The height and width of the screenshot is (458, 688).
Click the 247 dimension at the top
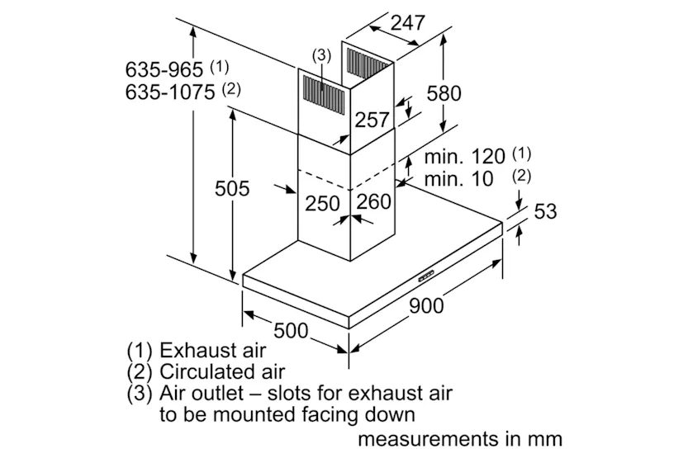coord(408,22)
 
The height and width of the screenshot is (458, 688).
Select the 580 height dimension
coord(444,93)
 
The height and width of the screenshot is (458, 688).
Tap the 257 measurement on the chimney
coord(372,120)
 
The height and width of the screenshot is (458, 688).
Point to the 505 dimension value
coord(232,188)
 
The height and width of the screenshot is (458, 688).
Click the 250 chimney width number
coord(322,203)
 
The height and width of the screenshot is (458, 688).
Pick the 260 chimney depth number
coord(374,201)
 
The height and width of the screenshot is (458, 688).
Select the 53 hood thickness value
coord(545,211)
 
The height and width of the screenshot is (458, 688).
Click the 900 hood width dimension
coord(426,305)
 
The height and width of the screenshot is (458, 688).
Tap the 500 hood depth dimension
coord(291,330)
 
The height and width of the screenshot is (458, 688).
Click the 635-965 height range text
coord(164,69)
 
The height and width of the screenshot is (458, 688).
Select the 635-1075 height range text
coord(170,92)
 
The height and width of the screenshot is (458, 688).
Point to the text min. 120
coord(465,157)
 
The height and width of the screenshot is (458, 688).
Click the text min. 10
coord(459,179)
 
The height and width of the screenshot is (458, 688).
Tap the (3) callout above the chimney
coord(321,55)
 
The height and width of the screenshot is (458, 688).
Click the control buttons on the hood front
coord(425,276)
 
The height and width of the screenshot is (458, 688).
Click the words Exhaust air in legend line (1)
coord(212,350)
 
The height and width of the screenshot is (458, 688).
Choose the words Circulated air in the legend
coord(222,371)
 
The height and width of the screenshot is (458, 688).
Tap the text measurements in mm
coord(460,439)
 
